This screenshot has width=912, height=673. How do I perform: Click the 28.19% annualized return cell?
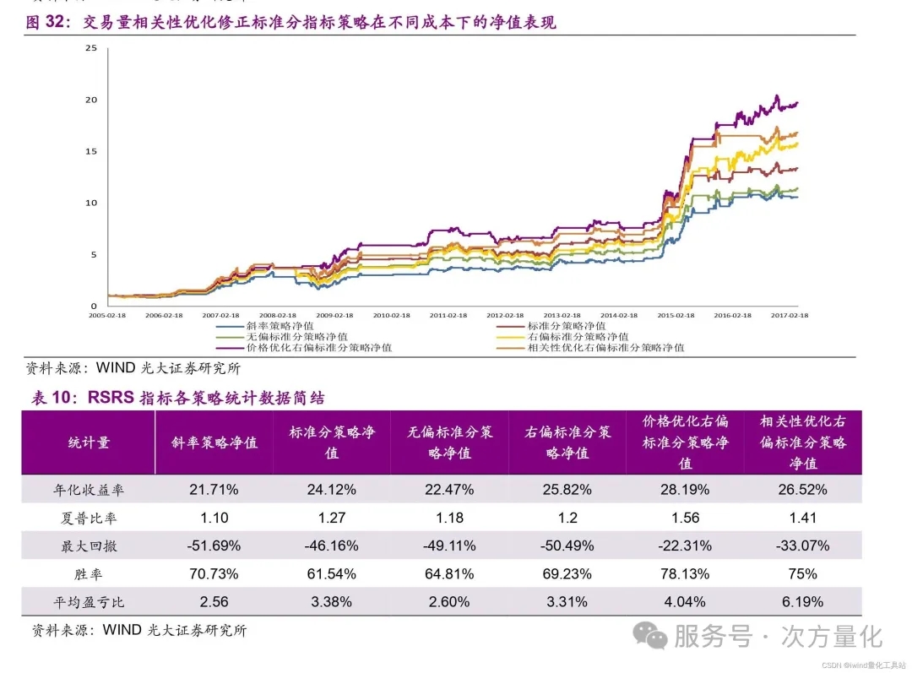pyautogui.click(x=685, y=489)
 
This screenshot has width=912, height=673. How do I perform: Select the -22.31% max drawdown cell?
pyautogui.click(x=685, y=545)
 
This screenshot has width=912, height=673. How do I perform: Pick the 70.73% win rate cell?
pyautogui.click(x=214, y=574)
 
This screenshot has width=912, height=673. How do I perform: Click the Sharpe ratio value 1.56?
pyautogui.click(x=685, y=518)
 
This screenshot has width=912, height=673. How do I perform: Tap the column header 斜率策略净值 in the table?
pyautogui.click(x=214, y=442)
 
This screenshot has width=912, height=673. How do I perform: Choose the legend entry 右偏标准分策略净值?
pyautogui.click(x=572, y=336)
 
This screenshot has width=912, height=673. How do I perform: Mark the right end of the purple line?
pyautogui.click(x=797, y=103)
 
